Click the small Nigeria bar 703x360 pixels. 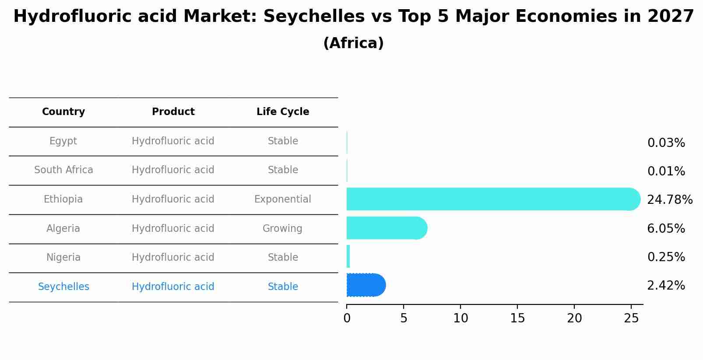point(348,257)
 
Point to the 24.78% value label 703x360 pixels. point(669,200)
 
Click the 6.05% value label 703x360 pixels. point(666,228)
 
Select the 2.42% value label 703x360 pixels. point(666,286)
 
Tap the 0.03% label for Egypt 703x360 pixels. point(666,143)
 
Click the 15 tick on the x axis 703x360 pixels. point(517,318)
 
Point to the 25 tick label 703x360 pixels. point(631,318)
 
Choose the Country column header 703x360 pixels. point(63,112)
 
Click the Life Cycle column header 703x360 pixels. point(283,112)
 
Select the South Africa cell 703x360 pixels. point(63,170)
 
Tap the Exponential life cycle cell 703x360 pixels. point(283,199)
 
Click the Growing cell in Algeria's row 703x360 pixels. point(282,229)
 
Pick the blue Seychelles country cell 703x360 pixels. point(63,287)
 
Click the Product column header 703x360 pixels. point(173,112)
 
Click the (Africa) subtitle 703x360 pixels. point(353,43)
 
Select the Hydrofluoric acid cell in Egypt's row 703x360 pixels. point(173,141)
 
